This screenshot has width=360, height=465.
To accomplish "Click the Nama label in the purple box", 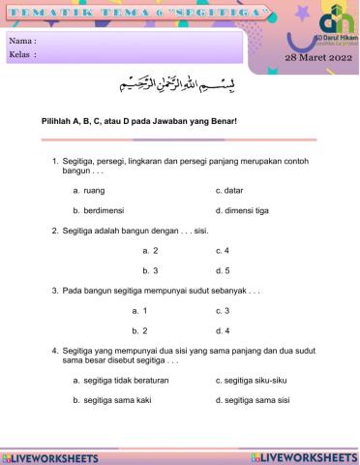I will point(22,42).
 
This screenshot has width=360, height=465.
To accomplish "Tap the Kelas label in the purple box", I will point(22,55).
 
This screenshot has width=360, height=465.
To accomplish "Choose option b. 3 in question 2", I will point(150,269).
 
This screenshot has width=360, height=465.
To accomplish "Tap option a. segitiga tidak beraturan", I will point(121,381).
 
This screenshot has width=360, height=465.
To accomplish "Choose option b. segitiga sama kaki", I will point(112,400).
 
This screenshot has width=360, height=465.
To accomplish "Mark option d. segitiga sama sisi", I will point(254,400).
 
